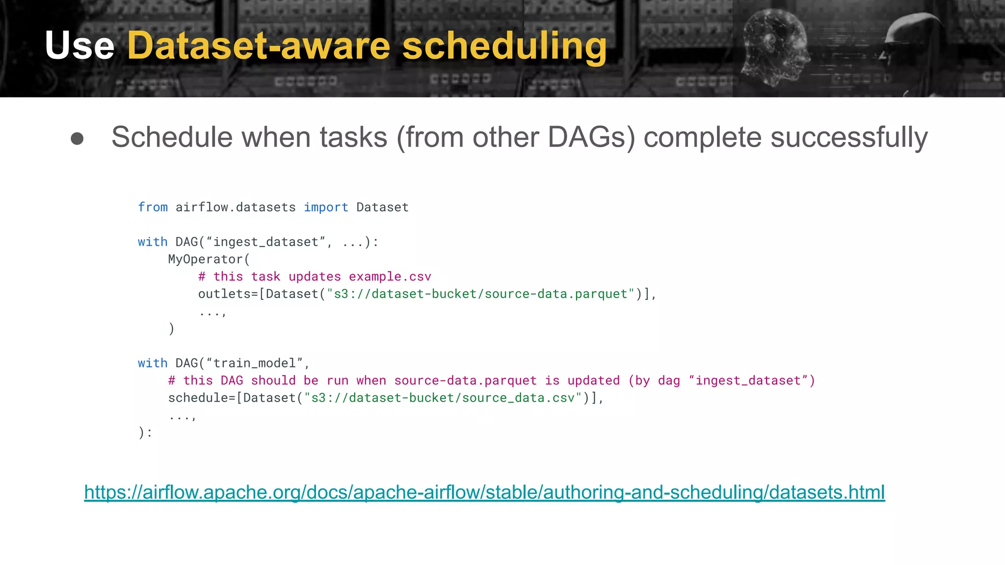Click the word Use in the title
click(x=79, y=46)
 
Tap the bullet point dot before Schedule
click(x=77, y=138)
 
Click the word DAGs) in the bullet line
click(x=591, y=137)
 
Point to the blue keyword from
click(x=153, y=207)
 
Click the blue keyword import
click(x=326, y=207)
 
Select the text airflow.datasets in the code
click(x=236, y=207)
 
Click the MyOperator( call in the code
click(x=209, y=259)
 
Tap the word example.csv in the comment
click(x=390, y=277)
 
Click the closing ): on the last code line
click(x=145, y=433)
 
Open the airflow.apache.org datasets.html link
click(x=484, y=492)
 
